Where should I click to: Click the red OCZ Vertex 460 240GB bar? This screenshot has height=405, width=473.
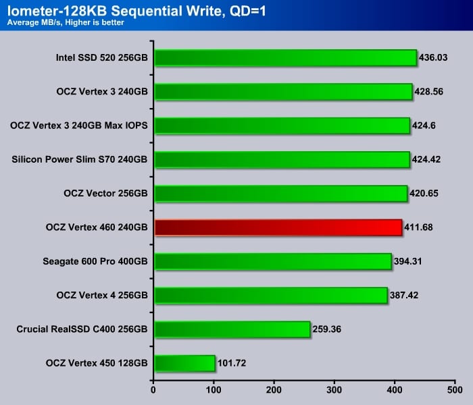click(278, 227)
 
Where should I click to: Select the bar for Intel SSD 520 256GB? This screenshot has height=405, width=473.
click(285, 58)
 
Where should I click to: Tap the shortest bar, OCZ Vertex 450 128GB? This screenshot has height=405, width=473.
click(184, 363)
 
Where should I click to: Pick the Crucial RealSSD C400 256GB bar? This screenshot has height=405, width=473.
click(232, 329)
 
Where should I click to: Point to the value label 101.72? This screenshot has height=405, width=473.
click(232, 364)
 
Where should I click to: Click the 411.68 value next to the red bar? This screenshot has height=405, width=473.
click(418, 228)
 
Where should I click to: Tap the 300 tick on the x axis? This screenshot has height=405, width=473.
click(334, 390)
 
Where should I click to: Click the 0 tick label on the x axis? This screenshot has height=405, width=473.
click(154, 390)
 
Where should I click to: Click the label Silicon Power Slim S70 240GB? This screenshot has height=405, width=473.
click(80, 160)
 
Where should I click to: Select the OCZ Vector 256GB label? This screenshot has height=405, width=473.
click(105, 194)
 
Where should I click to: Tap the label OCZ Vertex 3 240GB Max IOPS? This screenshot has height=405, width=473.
click(79, 126)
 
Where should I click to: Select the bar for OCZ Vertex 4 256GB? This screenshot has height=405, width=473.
click(270, 296)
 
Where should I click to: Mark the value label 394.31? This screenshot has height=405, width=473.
click(410, 262)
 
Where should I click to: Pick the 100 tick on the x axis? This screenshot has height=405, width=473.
click(214, 390)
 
